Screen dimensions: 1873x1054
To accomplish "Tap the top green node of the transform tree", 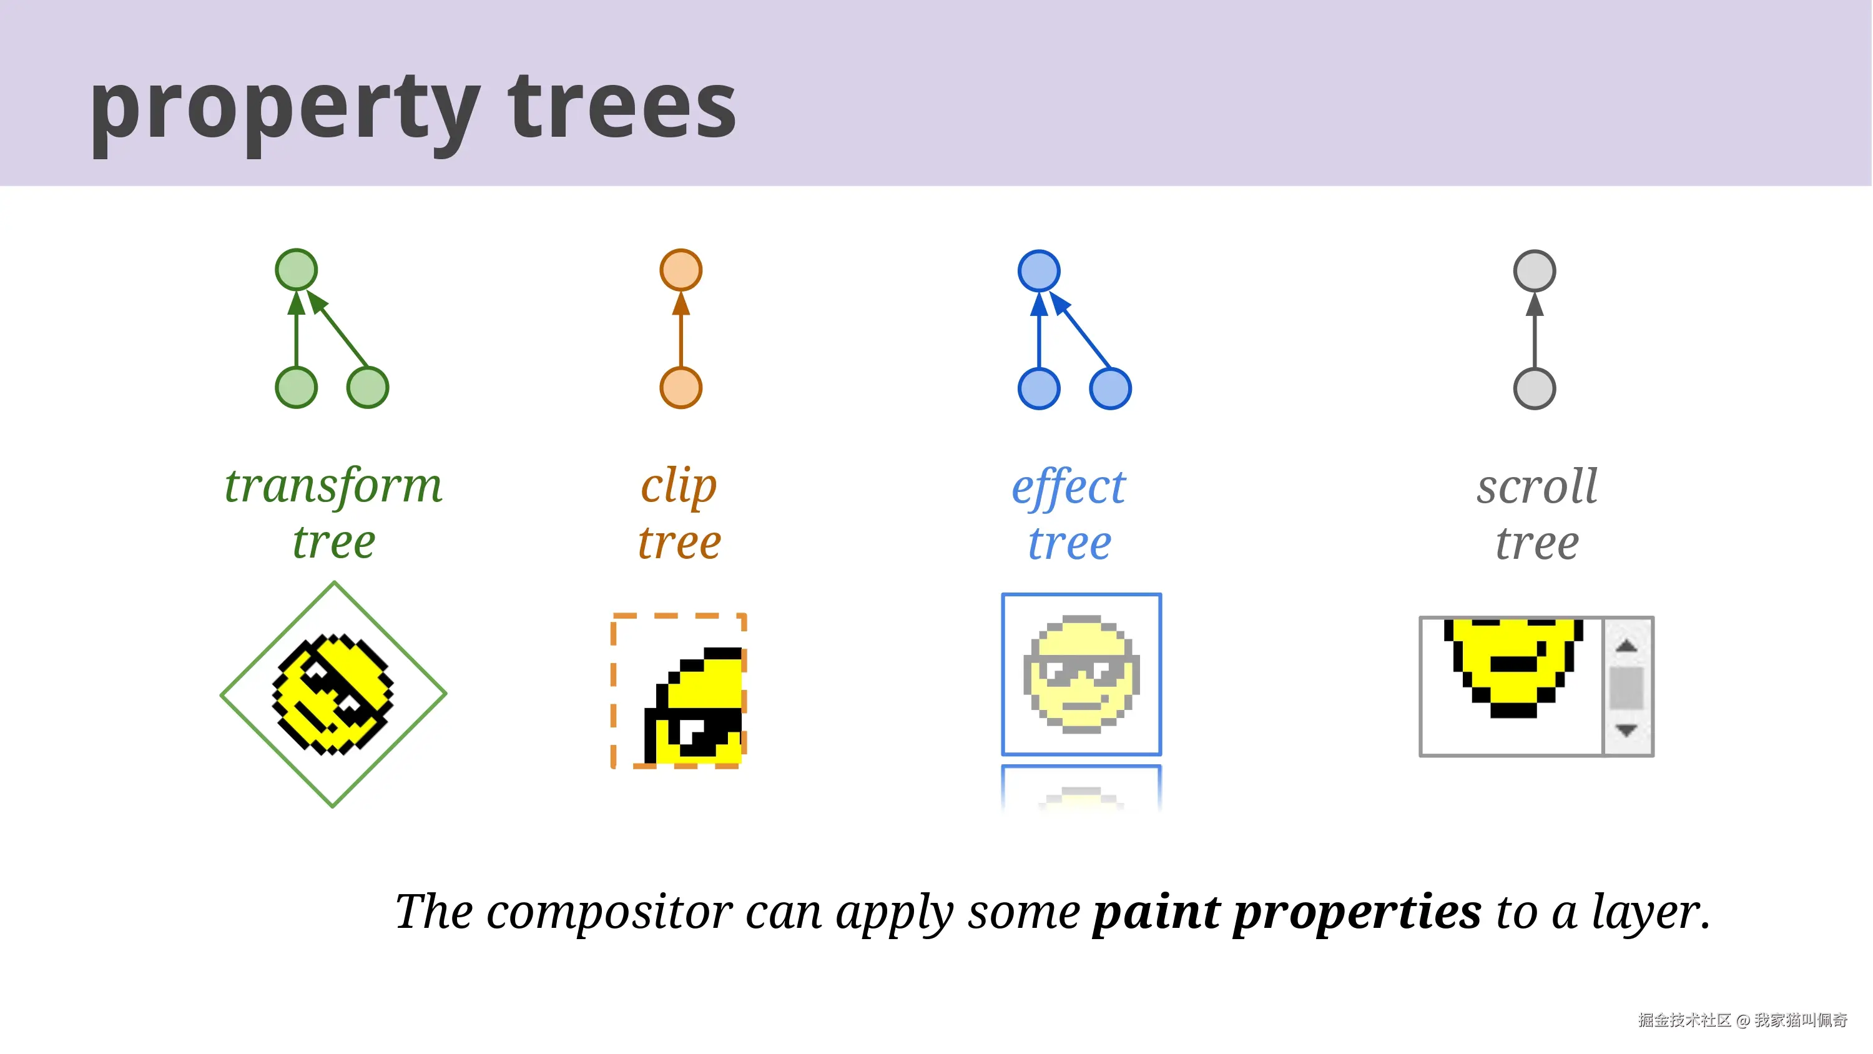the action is (x=296, y=270).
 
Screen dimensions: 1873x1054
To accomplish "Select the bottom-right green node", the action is (x=368, y=388).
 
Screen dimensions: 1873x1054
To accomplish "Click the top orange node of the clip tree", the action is (x=681, y=270).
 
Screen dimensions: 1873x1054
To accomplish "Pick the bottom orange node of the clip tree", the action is (x=681, y=388).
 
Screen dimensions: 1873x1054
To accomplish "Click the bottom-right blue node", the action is (x=1110, y=388).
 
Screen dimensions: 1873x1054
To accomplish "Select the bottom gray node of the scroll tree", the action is (x=1534, y=388).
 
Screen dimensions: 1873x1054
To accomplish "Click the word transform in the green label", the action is (x=333, y=485).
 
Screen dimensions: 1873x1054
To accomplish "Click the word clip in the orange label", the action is (x=679, y=485).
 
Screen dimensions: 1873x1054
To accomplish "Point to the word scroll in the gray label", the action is (x=1537, y=485).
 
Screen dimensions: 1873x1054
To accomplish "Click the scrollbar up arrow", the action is (x=1626, y=645).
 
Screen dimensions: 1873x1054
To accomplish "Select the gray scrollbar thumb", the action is (x=1626, y=687).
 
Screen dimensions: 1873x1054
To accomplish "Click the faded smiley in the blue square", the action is (x=1081, y=674).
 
